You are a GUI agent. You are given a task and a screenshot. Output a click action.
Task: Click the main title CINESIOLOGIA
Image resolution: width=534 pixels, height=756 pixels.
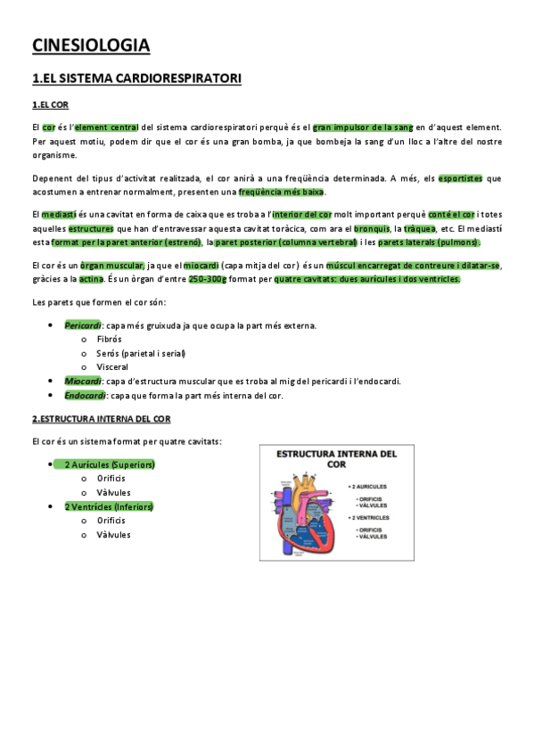[x=91, y=45]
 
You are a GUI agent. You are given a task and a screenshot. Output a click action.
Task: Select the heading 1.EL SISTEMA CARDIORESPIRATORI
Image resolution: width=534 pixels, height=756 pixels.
[x=136, y=79]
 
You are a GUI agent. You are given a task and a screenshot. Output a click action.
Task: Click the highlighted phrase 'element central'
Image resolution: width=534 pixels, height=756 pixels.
[x=106, y=127]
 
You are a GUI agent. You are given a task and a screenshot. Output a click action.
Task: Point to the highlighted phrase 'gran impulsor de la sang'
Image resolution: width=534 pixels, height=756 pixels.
[x=363, y=127]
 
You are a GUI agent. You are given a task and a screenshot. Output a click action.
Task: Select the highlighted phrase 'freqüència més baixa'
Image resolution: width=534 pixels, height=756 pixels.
[x=282, y=192]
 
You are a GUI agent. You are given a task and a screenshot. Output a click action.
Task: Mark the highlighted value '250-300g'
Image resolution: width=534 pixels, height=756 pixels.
[x=208, y=279]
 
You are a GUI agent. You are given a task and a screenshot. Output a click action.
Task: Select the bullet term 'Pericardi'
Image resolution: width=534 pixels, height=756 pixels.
[x=83, y=326]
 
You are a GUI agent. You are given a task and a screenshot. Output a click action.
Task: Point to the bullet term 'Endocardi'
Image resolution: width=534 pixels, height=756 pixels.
[x=84, y=395]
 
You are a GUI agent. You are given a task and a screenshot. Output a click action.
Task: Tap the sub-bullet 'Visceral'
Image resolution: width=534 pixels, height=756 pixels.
[x=113, y=366]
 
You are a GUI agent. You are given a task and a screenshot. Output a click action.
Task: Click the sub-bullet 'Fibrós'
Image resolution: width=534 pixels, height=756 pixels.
[x=110, y=340]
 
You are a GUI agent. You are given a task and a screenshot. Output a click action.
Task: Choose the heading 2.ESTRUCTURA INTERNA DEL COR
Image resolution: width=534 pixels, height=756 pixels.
[x=101, y=419]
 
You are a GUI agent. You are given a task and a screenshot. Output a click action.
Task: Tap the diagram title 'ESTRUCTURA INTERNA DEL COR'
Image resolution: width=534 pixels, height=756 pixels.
[x=336, y=459]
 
